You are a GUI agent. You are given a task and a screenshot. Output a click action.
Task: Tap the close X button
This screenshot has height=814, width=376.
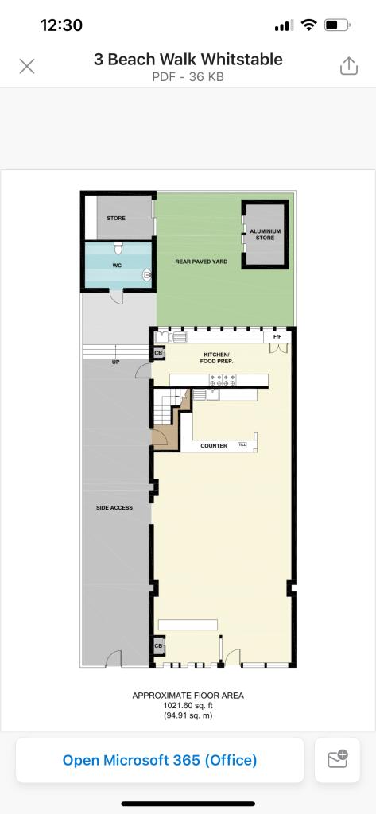(27, 66)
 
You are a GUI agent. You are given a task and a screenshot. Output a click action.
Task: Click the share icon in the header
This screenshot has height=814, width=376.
(349, 65)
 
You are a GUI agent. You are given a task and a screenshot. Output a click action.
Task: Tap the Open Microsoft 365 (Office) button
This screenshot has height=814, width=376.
(160, 760)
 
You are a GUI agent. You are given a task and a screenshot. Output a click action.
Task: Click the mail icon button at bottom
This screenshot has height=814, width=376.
(338, 759)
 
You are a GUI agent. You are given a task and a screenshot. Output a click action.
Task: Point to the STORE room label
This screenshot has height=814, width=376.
(116, 218)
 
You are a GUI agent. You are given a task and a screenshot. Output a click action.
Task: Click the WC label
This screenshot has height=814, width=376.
(117, 266)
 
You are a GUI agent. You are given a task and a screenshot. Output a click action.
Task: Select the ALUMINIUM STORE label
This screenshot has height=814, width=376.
(265, 235)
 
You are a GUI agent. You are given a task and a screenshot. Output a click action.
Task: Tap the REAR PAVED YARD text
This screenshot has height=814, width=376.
(201, 262)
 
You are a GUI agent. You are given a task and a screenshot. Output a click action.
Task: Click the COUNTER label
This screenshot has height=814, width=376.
(214, 446)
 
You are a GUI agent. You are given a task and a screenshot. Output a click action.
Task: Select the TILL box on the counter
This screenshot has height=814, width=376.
(242, 445)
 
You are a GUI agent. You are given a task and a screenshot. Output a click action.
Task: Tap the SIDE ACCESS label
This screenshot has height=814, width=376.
(114, 507)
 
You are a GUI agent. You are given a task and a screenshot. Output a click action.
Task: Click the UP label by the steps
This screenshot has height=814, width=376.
(115, 362)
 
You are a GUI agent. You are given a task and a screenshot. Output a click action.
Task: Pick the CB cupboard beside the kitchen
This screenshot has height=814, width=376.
(158, 353)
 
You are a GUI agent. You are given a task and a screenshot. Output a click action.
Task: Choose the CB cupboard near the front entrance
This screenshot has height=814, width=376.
(158, 645)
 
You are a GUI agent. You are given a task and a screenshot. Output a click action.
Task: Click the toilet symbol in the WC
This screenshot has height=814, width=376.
(118, 248)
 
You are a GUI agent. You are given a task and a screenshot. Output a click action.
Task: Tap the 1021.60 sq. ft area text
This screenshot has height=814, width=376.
(188, 706)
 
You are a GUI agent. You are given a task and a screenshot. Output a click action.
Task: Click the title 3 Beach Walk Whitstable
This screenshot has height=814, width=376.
(188, 59)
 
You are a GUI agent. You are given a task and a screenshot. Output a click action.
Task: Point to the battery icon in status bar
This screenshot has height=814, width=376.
(337, 25)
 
